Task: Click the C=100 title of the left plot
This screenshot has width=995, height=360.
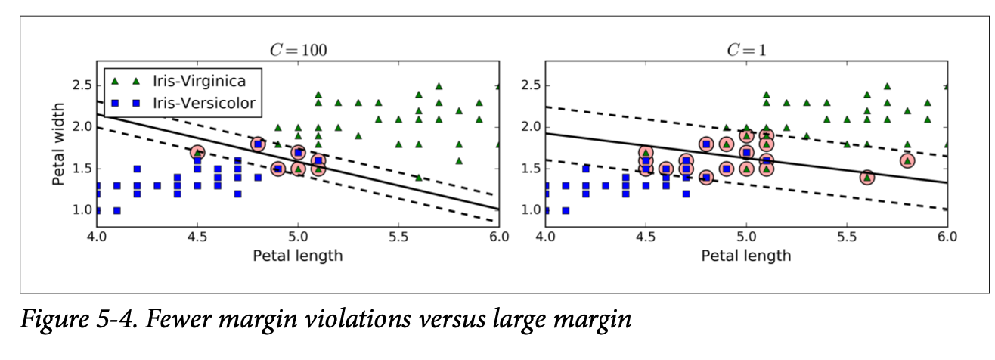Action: click(299, 51)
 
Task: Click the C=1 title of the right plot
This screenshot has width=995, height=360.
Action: click(746, 51)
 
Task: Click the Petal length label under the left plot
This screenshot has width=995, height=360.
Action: click(298, 255)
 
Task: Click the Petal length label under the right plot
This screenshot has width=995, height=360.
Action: click(746, 255)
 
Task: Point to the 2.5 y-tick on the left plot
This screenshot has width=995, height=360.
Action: click(81, 85)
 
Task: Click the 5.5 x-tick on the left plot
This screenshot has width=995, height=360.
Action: click(398, 236)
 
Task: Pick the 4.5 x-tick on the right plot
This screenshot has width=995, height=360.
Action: click(646, 236)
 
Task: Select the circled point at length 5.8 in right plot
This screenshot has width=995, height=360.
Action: click(907, 160)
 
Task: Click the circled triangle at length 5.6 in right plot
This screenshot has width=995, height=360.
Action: click(867, 177)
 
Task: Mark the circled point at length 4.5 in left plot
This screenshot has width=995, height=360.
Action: click(198, 153)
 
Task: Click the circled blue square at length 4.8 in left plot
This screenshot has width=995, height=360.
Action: click(258, 144)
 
